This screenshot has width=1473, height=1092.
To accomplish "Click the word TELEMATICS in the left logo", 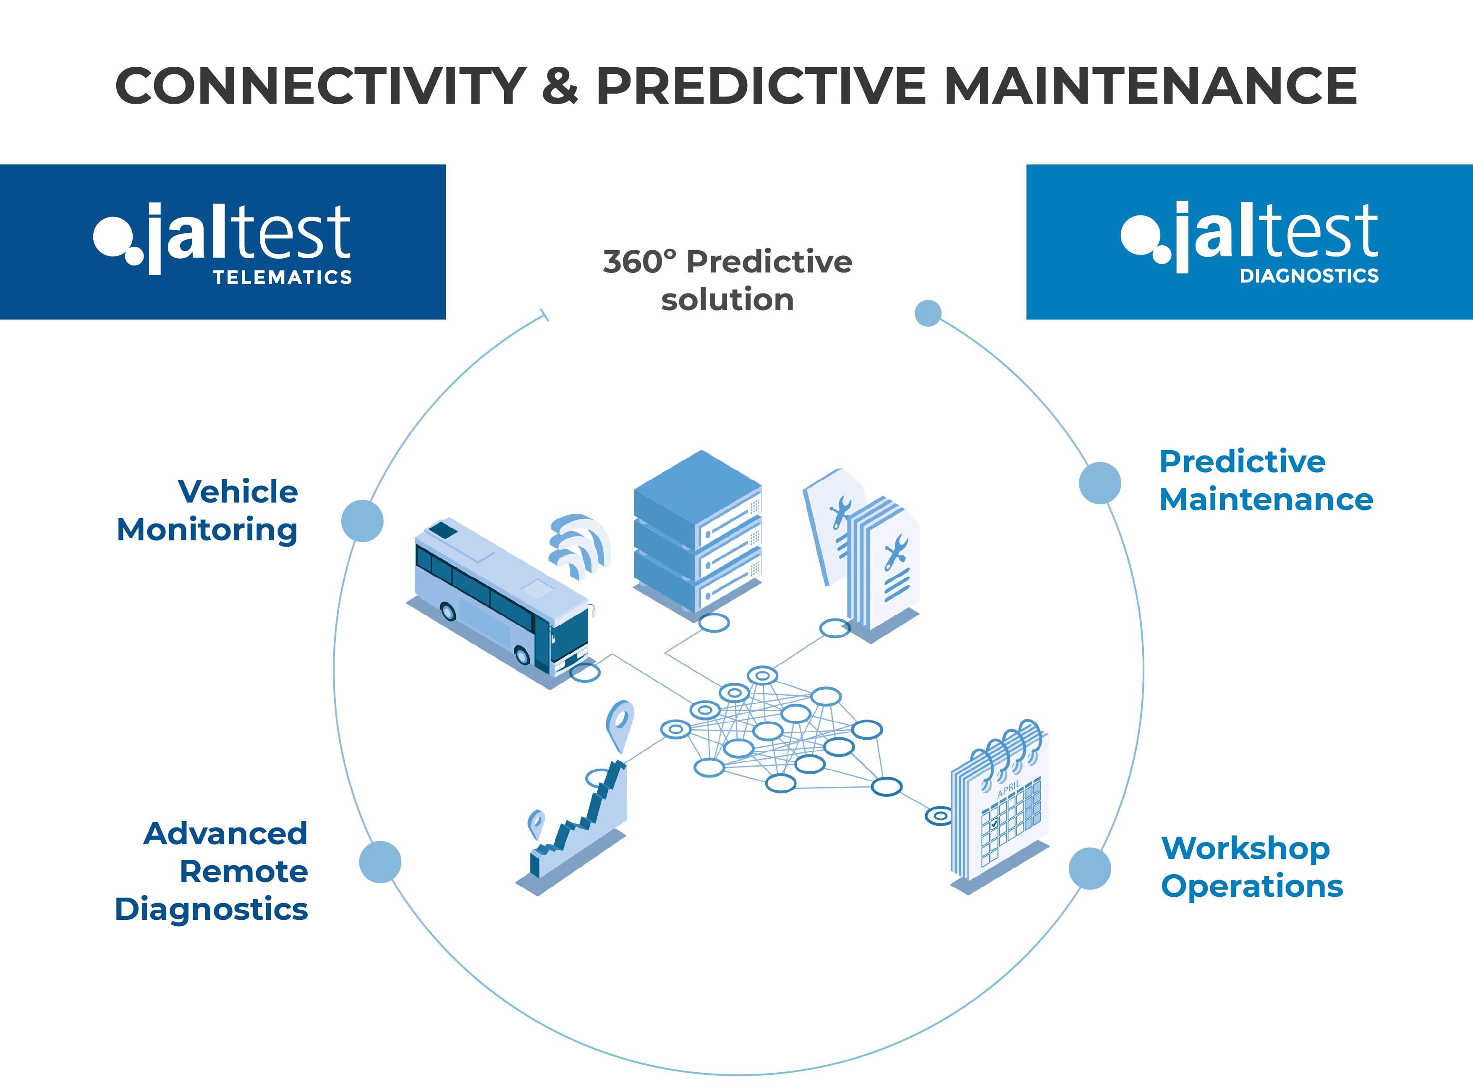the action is click(282, 277).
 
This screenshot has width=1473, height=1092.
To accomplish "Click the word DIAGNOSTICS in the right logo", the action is click(1309, 276).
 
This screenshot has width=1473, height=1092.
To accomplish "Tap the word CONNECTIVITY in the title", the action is click(321, 86).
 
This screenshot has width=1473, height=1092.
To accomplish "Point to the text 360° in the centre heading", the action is click(640, 262).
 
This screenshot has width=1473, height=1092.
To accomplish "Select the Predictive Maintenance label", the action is click(1266, 481).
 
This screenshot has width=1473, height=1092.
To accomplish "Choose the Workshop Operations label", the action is click(1252, 868).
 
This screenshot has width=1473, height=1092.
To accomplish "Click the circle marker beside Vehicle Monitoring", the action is click(362, 521).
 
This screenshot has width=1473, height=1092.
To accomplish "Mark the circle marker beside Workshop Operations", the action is click(1090, 869).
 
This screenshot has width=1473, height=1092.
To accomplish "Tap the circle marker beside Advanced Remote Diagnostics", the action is click(380, 862).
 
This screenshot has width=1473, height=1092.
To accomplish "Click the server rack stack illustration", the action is click(698, 534).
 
